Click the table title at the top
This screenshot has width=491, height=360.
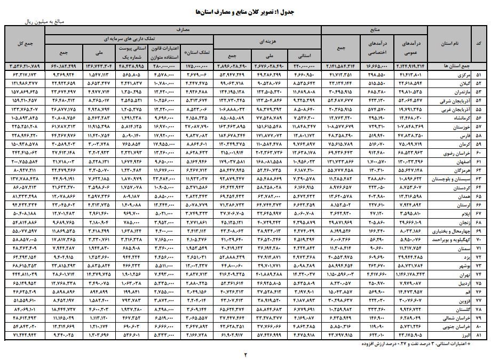[x=246, y=11]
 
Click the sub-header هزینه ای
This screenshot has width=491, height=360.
[x=267, y=40]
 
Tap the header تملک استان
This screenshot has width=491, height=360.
[x=199, y=53]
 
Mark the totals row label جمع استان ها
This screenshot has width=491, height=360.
[x=452, y=66]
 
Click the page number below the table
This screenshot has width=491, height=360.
[x=246, y=354]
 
